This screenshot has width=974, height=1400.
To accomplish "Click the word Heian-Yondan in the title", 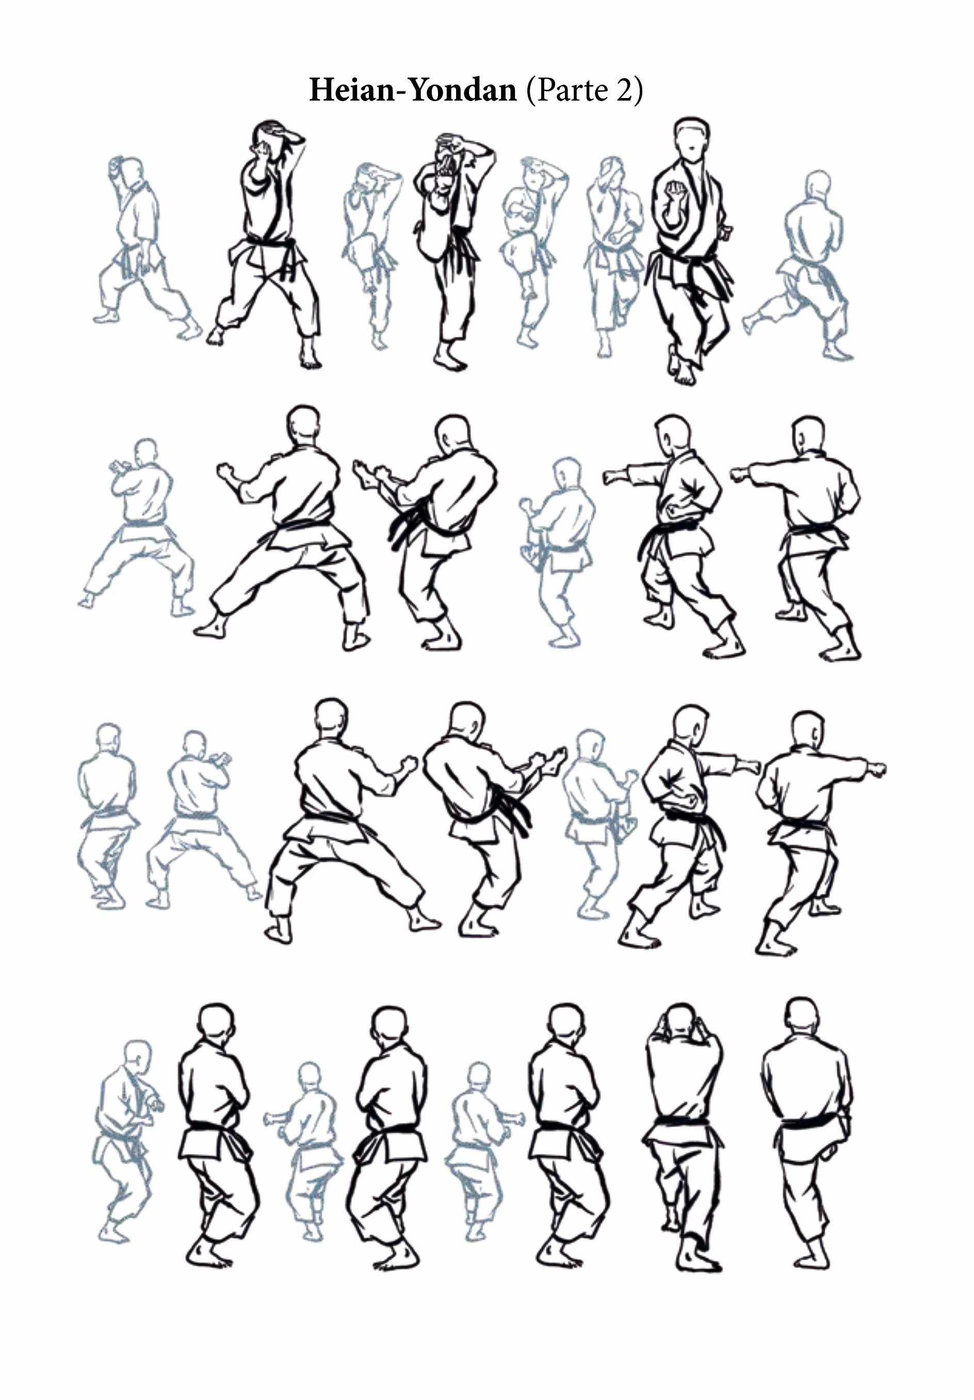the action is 413,90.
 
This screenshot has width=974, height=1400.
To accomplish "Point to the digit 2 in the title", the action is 625,90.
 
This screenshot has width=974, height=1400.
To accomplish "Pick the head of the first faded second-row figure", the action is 146,452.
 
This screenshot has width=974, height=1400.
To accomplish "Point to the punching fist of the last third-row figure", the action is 876,769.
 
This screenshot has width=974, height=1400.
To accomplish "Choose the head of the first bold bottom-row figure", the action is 217,1025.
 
